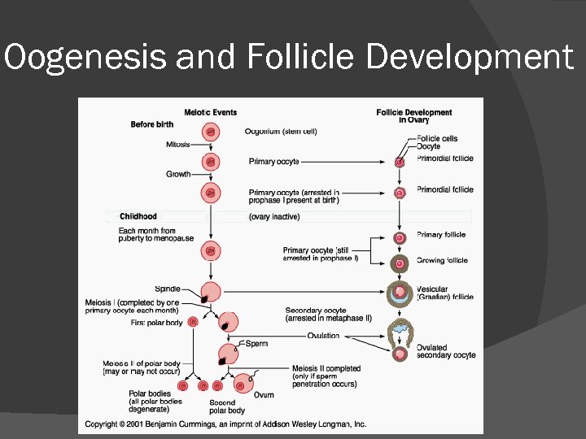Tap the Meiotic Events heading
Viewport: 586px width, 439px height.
pyautogui.click(x=210, y=112)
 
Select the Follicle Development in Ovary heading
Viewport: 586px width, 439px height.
pyautogui.click(x=413, y=116)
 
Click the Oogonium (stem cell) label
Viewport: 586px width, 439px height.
pyautogui.click(x=280, y=131)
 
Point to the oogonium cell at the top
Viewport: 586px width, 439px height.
pyautogui.click(x=211, y=132)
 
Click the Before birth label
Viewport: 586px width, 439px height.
pyautogui.click(x=152, y=124)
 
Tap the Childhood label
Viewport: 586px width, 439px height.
pyautogui.click(x=138, y=216)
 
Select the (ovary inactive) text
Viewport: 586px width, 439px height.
pyautogui.click(x=274, y=217)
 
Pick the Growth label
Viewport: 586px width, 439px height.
pyautogui.click(x=178, y=174)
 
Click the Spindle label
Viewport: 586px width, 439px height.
pyautogui.click(x=167, y=289)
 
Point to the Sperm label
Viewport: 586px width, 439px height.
pyautogui.click(x=256, y=344)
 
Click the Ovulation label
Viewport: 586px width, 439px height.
pyautogui.click(x=324, y=335)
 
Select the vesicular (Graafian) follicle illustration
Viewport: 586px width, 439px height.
pyautogui.click(x=400, y=293)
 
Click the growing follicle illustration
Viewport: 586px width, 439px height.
pyautogui.click(x=400, y=263)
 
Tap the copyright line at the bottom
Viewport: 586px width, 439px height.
pyautogui.click(x=225, y=424)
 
